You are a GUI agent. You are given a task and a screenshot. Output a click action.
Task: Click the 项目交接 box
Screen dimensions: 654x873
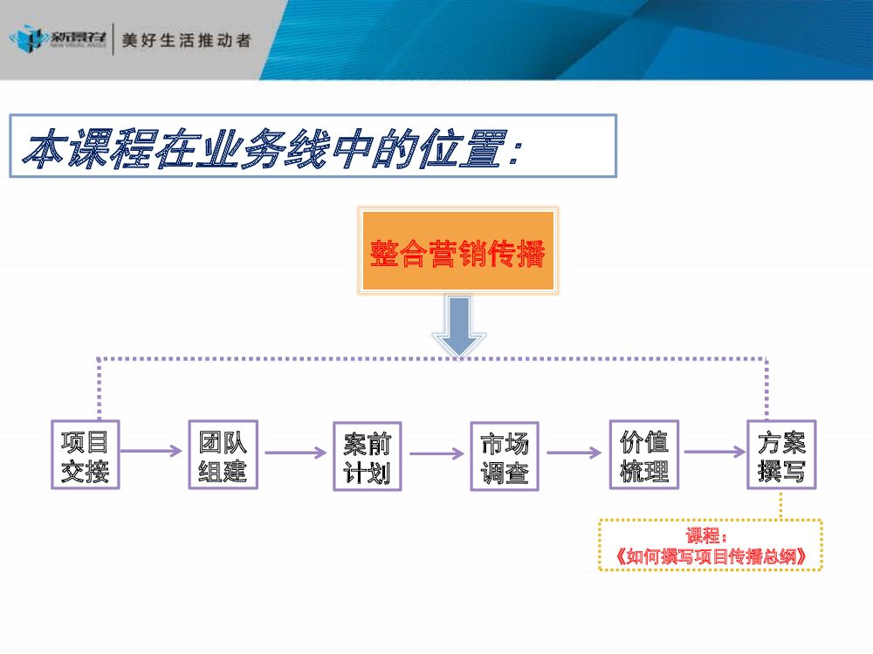pyautogui.click(x=85, y=454)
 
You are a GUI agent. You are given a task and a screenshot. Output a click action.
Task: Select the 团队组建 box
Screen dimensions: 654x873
pyautogui.click(x=223, y=454)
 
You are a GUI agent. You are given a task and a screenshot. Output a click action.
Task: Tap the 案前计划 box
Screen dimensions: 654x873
pyautogui.click(x=367, y=455)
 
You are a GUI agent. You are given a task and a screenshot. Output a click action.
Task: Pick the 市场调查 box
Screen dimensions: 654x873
pyautogui.click(x=505, y=455)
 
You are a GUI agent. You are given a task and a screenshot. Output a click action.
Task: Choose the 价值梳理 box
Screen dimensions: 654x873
pyautogui.click(x=643, y=454)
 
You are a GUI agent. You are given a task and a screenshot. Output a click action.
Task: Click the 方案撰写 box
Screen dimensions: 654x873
pyautogui.click(x=781, y=454)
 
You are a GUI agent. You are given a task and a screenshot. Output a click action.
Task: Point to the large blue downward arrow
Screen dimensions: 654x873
pyautogui.click(x=459, y=325)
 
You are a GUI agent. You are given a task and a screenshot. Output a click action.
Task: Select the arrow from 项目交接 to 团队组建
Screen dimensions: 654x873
pyautogui.click(x=153, y=452)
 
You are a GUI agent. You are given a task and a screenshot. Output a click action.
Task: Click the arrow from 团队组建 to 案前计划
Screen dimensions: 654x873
pyautogui.click(x=295, y=453)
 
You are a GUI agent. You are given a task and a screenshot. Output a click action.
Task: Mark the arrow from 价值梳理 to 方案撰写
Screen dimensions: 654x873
pyautogui.click(x=713, y=453)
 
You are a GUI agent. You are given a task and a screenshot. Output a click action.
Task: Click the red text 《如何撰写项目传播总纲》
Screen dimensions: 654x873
pyautogui.click(x=710, y=556)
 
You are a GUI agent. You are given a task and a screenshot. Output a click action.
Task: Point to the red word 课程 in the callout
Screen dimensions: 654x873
pyautogui.click(x=704, y=535)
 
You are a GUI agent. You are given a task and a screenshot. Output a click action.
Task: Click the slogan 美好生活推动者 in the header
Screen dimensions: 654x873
pyautogui.click(x=186, y=41)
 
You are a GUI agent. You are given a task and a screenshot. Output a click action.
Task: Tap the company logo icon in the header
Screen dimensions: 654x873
pyautogui.click(x=26, y=39)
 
